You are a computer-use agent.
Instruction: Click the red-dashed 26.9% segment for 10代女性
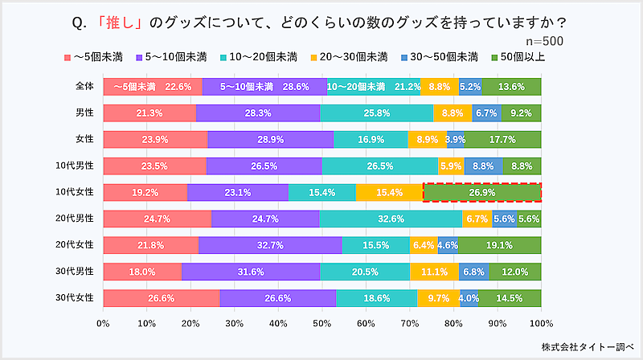[x=482, y=193]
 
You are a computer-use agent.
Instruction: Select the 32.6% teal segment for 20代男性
[x=391, y=219]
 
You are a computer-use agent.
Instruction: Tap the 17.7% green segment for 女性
[x=502, y=140]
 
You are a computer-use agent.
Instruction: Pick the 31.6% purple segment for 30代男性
[x=251, y=272]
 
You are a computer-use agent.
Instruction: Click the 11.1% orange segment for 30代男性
[x=434, y=272]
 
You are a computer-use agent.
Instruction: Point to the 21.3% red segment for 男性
[x=149, y=113]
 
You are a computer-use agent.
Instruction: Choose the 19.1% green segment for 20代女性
[x=499, y=245]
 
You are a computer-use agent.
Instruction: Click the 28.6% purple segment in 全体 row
[x=264, y=87]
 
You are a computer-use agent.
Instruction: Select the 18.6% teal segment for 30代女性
[x=376, y=298]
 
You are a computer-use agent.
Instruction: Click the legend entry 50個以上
[x=519, y=57]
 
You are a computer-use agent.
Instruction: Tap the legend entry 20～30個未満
[x=360, y=57]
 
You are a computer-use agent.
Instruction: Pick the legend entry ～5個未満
[x=95, y=57]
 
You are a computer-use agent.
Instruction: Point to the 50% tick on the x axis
[x=322, y=323]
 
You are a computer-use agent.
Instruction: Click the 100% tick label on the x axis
[x=541, y=323]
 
